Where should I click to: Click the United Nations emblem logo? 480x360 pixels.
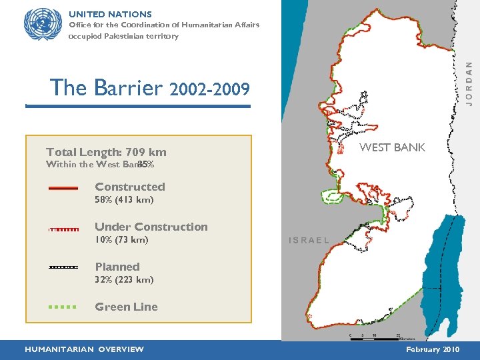click(x=43, y=25)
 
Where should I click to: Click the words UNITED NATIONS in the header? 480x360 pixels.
click(x=110, y=14)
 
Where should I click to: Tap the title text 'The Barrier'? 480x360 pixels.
click(x=107, y=87)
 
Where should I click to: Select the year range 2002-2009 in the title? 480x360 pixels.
click(x=209, y=89)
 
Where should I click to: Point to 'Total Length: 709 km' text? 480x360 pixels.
click(x=106, y=152)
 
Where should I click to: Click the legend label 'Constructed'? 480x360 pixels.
click(x=129, y=187)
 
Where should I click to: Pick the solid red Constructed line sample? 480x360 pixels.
click(x=63, y=188)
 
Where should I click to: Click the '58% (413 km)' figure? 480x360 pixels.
click(x=124, y=199)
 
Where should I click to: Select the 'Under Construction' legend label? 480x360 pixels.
click(x=151, y=227)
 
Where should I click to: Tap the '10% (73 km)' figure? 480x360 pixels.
click(x=121, y=239)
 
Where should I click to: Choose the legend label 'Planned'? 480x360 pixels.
click(x=117, y=267)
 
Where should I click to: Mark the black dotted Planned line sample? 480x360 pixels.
click(x=63, y=267)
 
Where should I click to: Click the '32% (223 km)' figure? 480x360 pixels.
click(x=124, y=279)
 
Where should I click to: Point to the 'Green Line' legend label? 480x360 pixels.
click(x=126, y=307)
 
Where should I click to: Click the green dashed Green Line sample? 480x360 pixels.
click(x=63, y=307)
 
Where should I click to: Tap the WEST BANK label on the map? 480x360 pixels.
click(x=392, y=147)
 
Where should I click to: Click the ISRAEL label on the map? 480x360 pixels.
click(x=309, y=240)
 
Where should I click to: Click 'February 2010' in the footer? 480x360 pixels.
click(x=432, y=349)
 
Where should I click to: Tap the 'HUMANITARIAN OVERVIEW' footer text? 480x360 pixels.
click(x=84, y=349)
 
